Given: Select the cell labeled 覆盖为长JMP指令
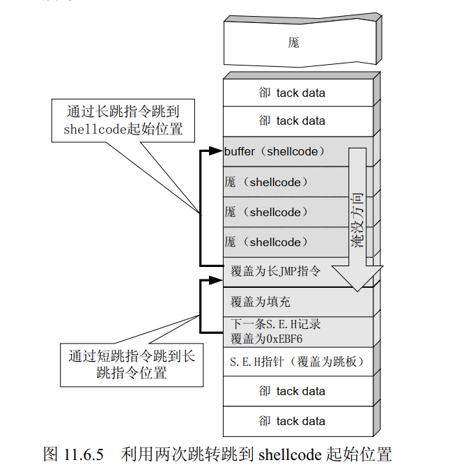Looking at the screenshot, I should pos(276,272).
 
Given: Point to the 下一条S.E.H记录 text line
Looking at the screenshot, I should pos(275,325).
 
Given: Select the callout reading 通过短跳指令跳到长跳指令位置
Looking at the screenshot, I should pos(132,364).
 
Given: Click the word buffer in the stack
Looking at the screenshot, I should pos(240,151).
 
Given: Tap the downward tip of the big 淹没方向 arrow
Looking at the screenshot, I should pos(357,288).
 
